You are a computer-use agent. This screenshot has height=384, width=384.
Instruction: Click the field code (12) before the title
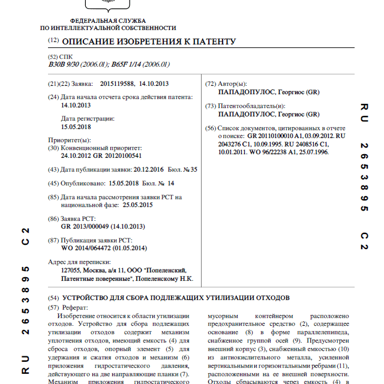coord(53,41)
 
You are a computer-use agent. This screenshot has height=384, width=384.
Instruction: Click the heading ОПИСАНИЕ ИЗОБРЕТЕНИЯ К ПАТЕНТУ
coord(149,41)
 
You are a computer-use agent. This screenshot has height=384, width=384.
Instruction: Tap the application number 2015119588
coord(118,84)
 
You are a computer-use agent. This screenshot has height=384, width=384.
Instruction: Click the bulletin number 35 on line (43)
coord(193,169)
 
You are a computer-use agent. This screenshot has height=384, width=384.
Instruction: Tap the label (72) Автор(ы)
coord(226,84)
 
